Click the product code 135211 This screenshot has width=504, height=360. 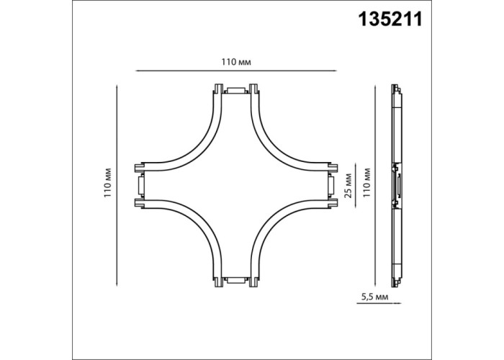point(390,19)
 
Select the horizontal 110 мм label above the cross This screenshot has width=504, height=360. point(236,62)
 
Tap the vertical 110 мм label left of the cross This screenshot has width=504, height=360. point(108,183)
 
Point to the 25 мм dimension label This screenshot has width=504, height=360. point(348,186)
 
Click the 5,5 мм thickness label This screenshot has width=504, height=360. point(375,297)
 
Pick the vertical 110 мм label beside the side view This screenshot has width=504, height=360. point(366,183)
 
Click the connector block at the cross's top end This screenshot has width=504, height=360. point(236,90)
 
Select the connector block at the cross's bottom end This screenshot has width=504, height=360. point(236,280)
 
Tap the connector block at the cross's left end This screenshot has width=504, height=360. point(140,186)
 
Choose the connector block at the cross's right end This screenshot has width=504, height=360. point(331,186)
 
